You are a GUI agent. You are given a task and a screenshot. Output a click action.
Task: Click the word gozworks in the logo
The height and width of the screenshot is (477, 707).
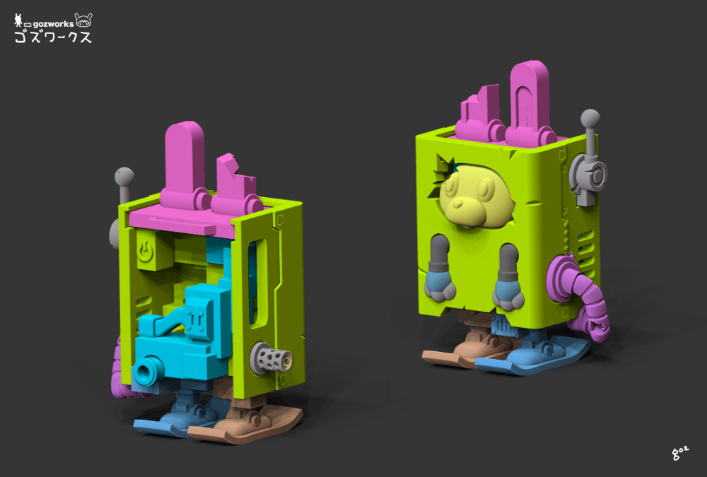tap(53, 24)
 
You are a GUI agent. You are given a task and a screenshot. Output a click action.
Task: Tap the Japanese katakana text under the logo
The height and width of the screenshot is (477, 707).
tap(53, 37)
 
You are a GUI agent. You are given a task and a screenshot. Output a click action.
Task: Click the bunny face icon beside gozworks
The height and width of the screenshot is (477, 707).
tap(83, 20)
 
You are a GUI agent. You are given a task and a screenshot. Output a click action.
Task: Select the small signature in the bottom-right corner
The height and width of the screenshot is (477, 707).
tap(680, 453)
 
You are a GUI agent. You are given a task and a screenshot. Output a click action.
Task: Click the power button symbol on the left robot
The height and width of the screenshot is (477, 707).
tap(145, 251)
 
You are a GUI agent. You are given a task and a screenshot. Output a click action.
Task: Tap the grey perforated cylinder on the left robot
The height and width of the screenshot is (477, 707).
tap(271, 358)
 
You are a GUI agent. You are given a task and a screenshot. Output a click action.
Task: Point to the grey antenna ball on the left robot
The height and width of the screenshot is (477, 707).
tap(124, 177)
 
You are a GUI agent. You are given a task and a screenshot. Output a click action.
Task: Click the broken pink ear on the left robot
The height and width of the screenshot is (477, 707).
tap(235, 185)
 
